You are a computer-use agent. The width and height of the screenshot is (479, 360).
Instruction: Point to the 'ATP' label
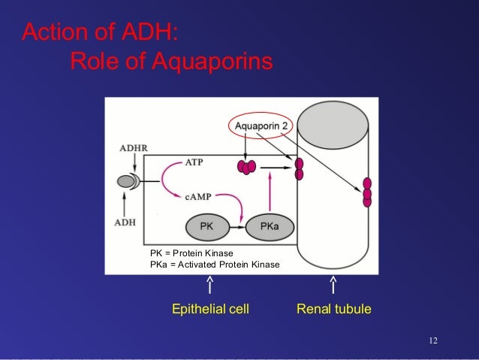coord(194,162)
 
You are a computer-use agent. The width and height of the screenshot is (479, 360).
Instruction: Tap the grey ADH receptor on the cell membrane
coord(126,181)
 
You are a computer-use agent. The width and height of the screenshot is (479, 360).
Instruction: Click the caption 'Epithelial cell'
coord(210,309)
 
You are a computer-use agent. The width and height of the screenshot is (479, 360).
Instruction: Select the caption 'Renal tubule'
coord(334,309)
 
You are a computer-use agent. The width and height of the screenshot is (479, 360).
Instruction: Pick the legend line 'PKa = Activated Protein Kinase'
coord(215,265)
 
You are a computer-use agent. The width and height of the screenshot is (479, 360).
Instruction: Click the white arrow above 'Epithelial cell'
coord(210,285)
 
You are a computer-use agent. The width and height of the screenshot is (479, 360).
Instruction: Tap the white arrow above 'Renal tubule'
coord(333,285)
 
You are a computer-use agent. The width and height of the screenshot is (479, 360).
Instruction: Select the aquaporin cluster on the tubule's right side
coord(367,192)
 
